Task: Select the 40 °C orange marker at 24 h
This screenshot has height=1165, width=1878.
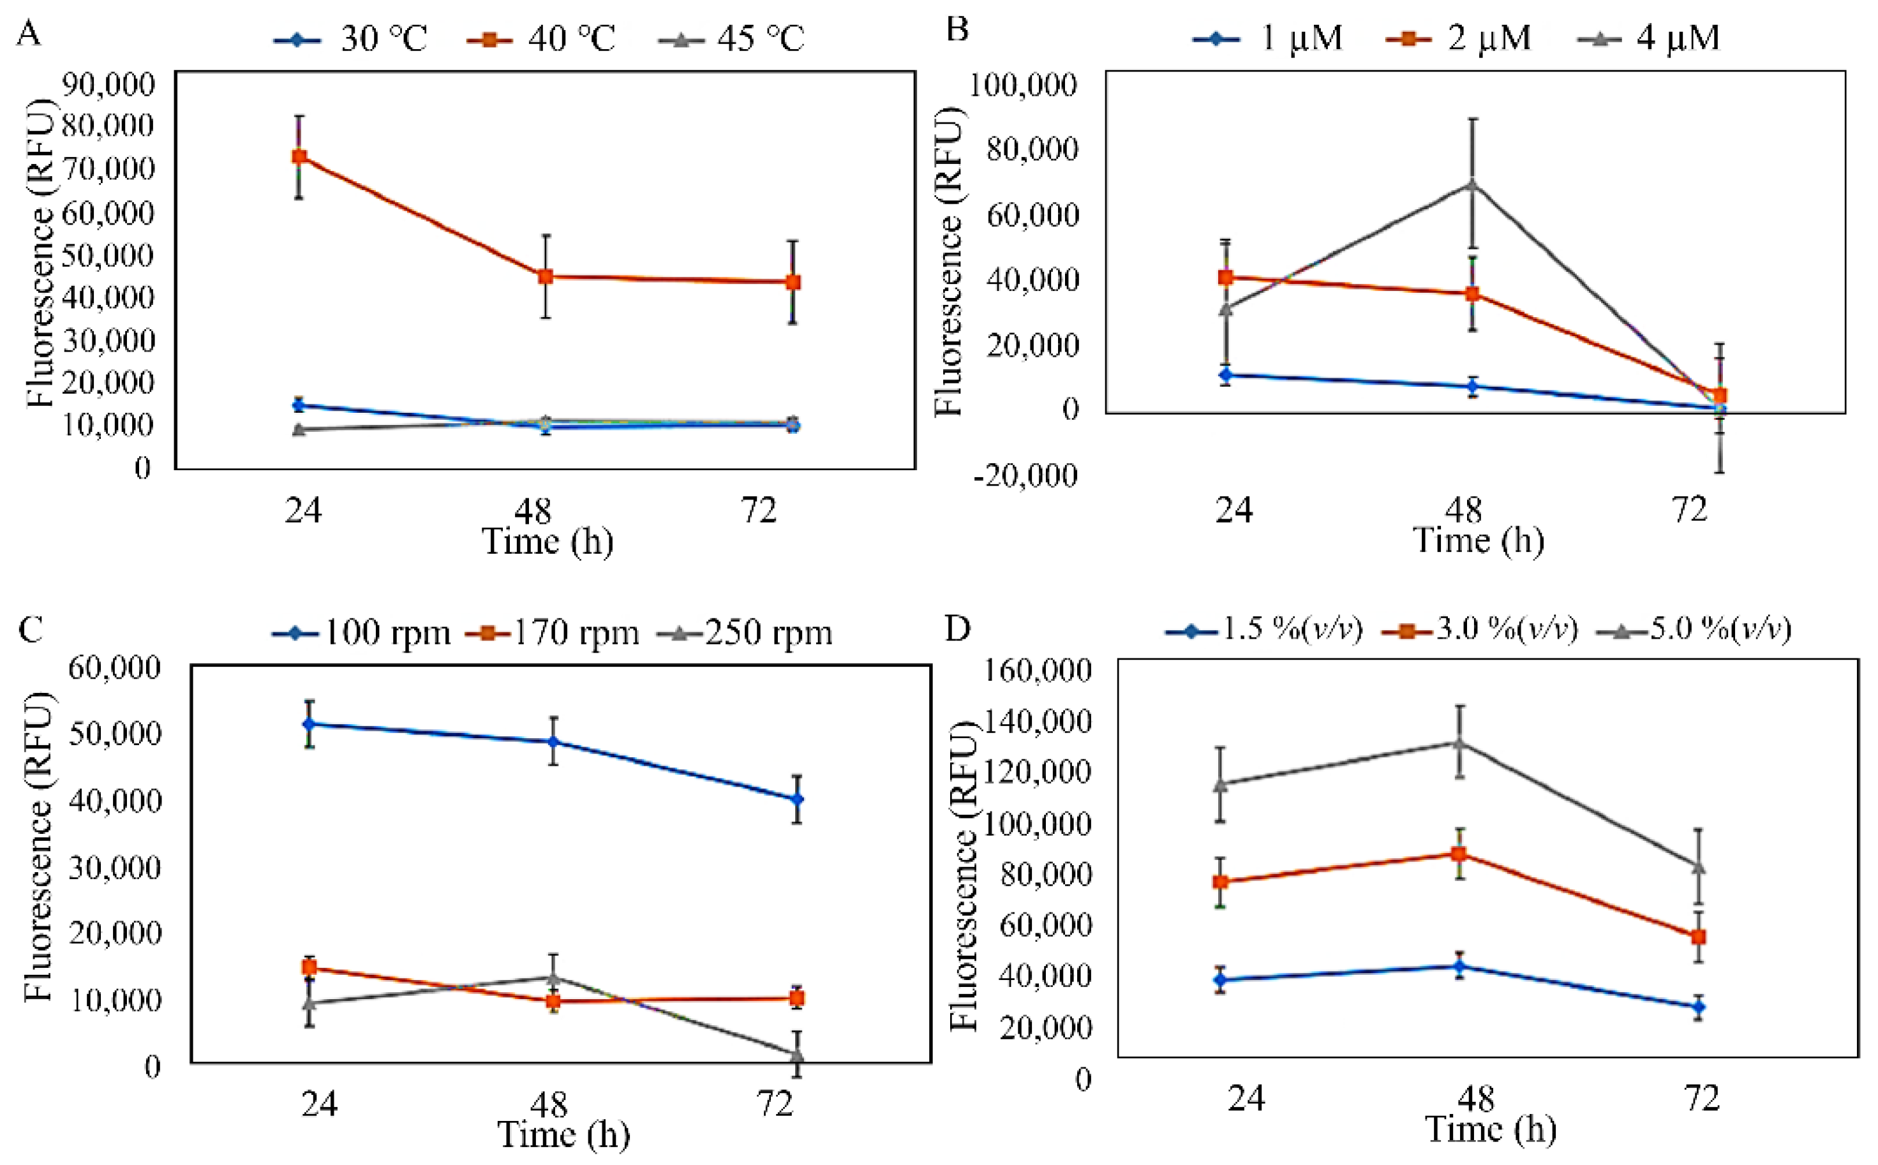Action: (299, 157)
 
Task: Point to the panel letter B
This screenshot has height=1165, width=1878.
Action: (957, 30)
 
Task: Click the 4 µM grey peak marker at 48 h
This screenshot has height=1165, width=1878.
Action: (1472, 183)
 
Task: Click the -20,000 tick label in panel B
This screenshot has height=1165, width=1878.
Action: (1024, 475)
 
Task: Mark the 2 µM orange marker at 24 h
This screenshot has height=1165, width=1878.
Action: (1225, 278)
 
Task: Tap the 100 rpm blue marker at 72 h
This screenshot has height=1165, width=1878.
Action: (797, 799)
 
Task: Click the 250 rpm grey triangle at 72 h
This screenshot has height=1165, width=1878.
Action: (797, 1054)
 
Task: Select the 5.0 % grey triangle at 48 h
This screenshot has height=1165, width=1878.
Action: (1459, 742)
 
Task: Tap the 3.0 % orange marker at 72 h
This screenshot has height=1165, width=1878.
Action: (1697, 937)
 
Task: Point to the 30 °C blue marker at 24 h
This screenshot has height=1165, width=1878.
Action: (299, 405)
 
